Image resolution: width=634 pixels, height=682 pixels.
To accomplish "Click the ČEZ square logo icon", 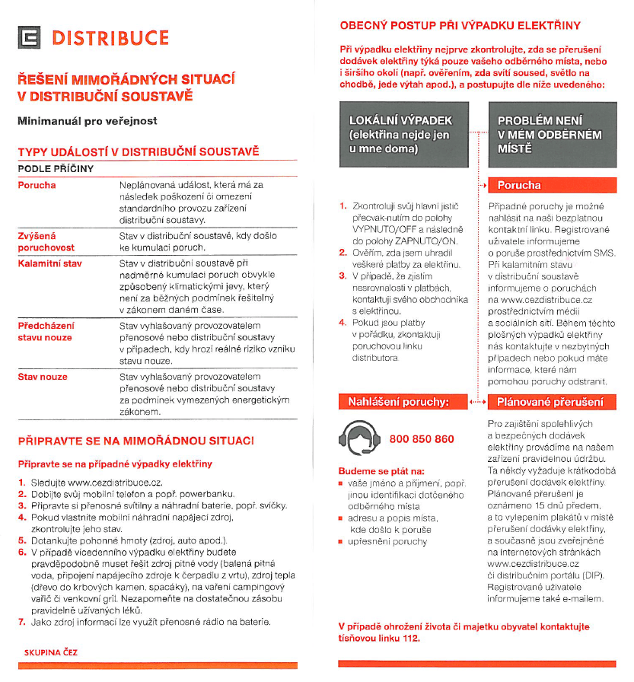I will [x=30, y=37].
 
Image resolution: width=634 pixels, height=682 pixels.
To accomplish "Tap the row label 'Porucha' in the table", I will [x=37, y=185].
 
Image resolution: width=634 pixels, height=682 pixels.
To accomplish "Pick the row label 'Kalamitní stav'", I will [x=49, y=263].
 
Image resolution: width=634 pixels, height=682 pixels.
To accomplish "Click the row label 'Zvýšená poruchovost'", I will [x=46, y=241].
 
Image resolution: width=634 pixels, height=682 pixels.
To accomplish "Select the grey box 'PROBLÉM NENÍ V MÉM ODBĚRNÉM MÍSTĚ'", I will [x=550, y=135].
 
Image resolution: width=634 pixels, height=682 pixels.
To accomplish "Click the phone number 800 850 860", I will [x=422, y=439].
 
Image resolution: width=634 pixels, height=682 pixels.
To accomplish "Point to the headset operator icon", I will [x=357, y=439].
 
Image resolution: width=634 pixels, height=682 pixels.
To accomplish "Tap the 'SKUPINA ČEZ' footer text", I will [x=51, y=653].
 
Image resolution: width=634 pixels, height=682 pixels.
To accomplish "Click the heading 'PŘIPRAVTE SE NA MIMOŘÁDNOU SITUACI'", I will [x=136, y=441].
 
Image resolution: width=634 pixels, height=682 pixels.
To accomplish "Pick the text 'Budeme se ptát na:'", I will [x=381, y=471].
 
